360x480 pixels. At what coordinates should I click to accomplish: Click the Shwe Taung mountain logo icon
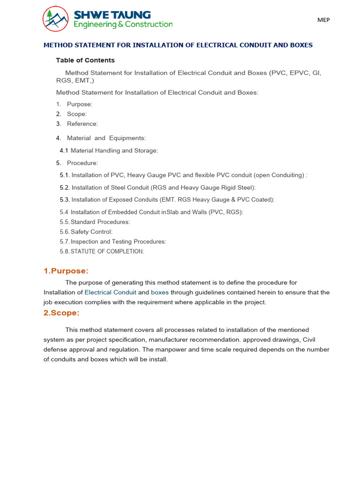56,19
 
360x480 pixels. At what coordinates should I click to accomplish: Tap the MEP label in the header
323,20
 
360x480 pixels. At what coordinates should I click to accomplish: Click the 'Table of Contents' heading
85,60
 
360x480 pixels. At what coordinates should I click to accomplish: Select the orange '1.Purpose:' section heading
66,271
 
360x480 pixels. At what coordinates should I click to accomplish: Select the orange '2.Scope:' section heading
61,313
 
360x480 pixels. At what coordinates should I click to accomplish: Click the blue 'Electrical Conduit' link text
110,292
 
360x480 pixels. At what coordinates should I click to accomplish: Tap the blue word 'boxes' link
159,292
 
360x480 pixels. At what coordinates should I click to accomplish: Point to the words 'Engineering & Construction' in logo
123,24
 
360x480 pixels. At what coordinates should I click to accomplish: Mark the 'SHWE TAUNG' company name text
112,15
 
